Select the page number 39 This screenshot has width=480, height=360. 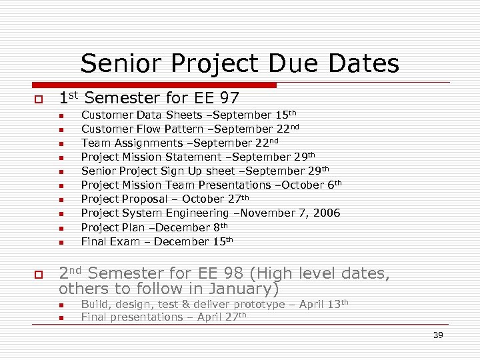coord(438,335)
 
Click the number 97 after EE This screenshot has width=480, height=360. coord(227,99)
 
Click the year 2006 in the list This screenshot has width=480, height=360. coord(326,213)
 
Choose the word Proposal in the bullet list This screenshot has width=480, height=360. coord(150,199)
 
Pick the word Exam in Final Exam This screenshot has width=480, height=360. coord(121,242)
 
